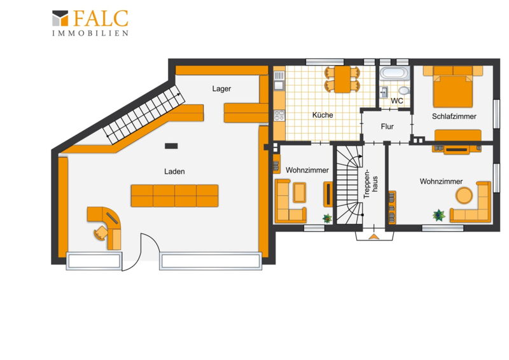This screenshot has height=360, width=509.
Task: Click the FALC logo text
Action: (x=101, y=18)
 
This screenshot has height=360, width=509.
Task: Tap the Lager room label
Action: (x=221, y=88)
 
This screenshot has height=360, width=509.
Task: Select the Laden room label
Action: (x=174, y=171)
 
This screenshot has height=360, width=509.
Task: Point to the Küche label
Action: (x=323, y=115)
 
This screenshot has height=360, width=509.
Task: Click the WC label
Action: (x=396, y=100)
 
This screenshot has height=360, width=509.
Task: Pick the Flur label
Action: (x=387, y=127)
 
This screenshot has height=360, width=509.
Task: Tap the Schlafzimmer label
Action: (x=454, y=116)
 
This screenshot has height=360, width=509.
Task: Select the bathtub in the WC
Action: (x=394, y=73)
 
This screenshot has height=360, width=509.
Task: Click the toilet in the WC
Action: (x=404, y=90)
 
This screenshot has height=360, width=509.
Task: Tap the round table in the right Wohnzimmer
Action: (x=464, y=195)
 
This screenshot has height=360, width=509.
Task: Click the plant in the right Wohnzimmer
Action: (x=438, y=215)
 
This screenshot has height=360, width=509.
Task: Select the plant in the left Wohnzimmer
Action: (x=327, y=218)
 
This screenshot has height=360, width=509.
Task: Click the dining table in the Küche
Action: (x=342, y=80)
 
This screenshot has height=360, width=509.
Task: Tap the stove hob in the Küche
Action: (x=279, y=115)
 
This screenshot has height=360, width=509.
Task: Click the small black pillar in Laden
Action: (x=171, y=146)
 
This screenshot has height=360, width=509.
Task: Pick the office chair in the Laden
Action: (x=101, y=232)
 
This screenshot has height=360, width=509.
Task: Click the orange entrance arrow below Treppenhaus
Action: (x=374, y=237)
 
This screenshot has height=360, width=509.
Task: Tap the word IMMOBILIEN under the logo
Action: (x=90, y=33)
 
